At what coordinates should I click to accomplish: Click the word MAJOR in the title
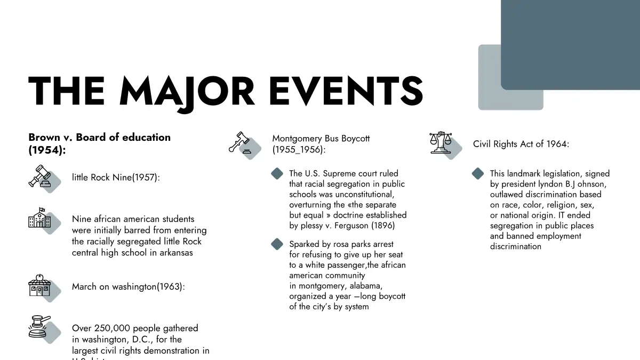point(187,92)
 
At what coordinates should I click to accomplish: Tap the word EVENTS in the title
point(346,92)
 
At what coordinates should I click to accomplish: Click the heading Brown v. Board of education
point(99,137)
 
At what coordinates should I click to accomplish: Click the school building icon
point(40,219)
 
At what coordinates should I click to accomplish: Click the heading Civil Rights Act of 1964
point(521,144)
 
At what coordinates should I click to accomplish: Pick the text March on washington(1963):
point(128,287)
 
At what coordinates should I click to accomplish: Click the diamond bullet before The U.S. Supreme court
point(277,174)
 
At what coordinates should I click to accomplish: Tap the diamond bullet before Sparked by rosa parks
point(277,244)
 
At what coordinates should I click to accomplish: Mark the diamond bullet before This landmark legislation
point(478,174)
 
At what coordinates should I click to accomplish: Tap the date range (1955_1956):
point(299,150)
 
